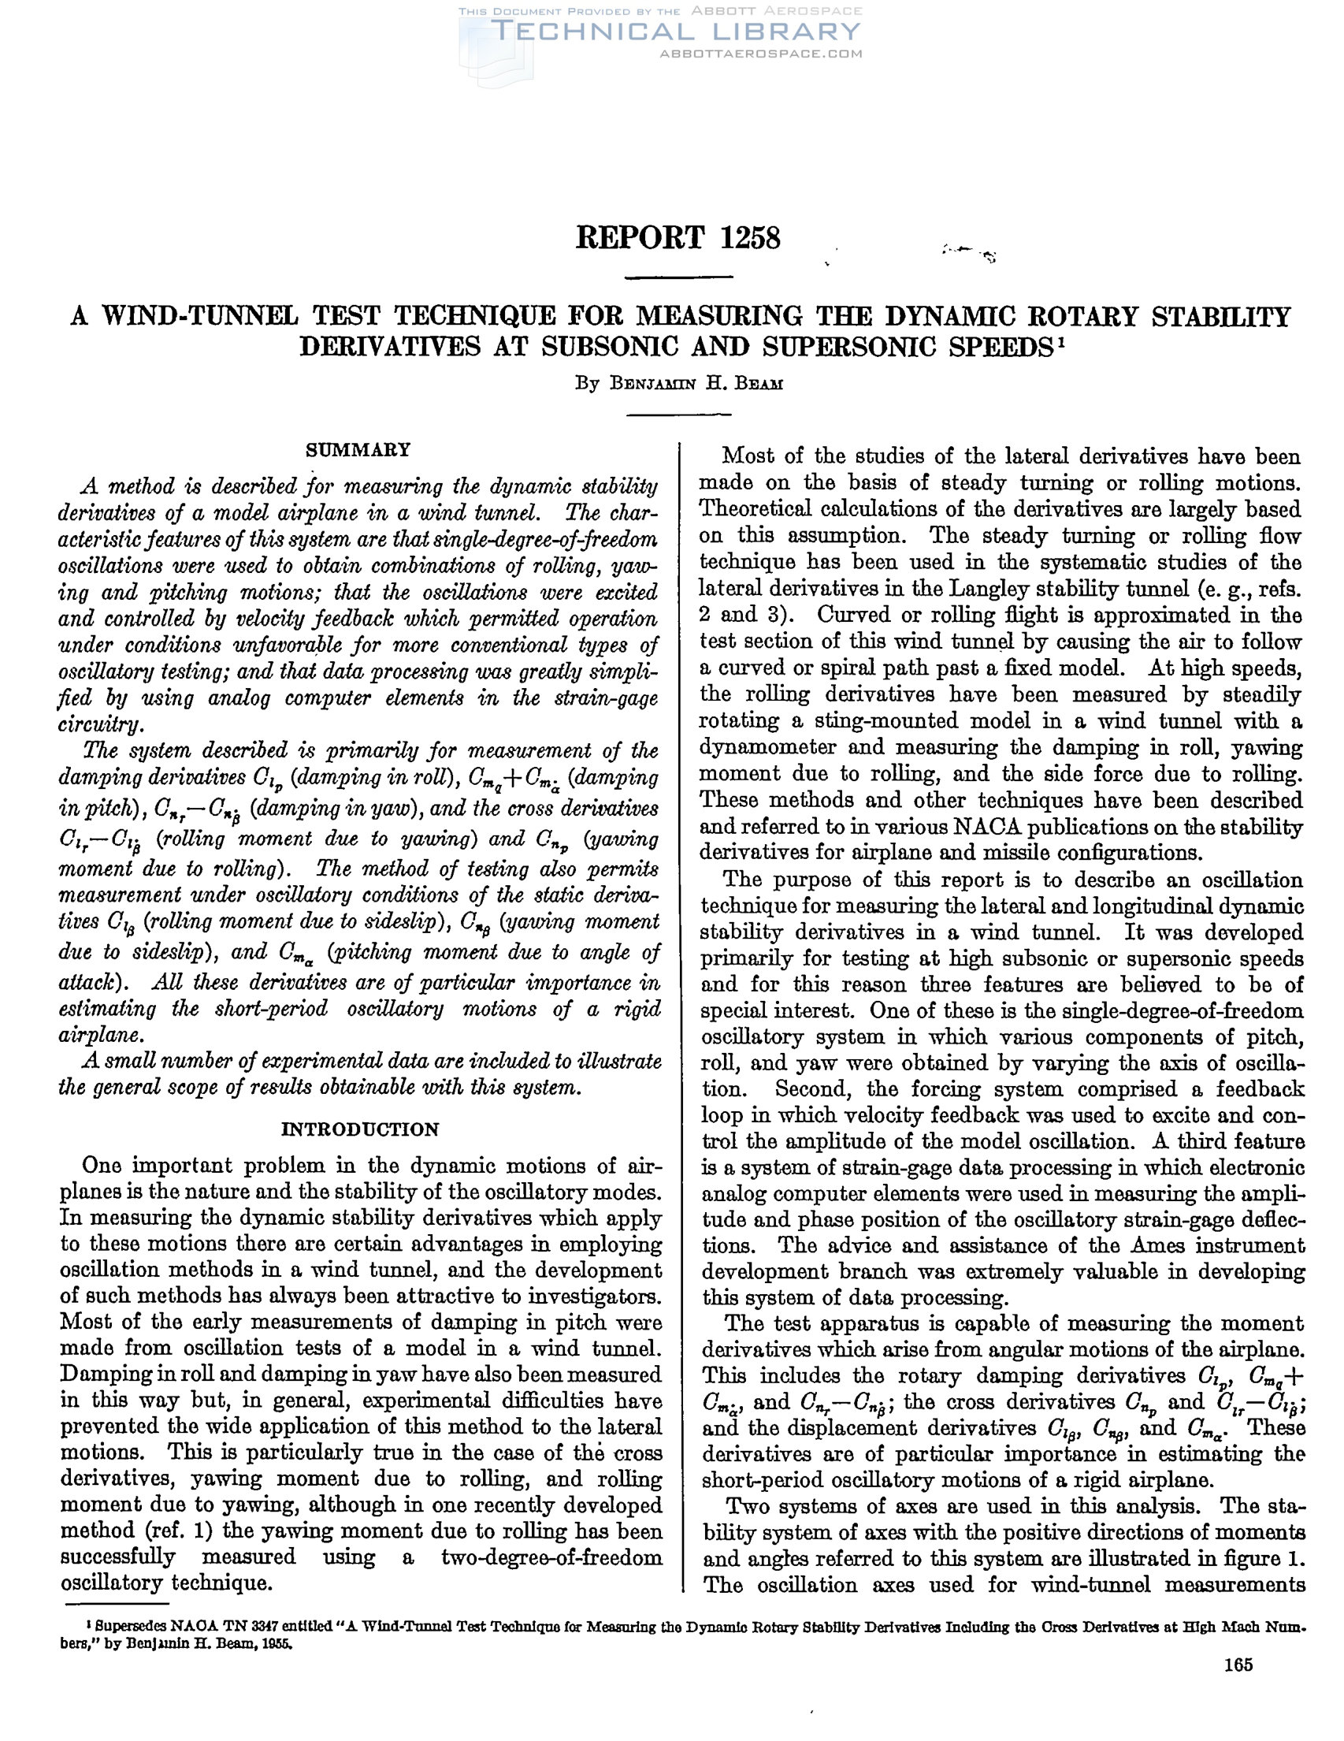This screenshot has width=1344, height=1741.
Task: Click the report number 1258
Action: pyautogui.click(x=750, y=237)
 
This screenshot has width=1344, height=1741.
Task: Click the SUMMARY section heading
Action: pyautogui.click(x=358, y=449)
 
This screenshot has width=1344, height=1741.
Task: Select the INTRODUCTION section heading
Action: pyautogui.click(x=360, y=1129)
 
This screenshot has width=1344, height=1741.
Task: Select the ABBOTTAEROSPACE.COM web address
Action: pyautogui.click(x=761, y=54)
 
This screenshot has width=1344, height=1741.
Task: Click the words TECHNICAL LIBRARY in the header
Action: pyautogui.click(x=678, y=32)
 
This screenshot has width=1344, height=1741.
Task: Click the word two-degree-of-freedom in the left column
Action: pyautogui.click(x=551, y=1556)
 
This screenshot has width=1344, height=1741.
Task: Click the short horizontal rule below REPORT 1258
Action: pyautogui.click(x=679, y=277)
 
